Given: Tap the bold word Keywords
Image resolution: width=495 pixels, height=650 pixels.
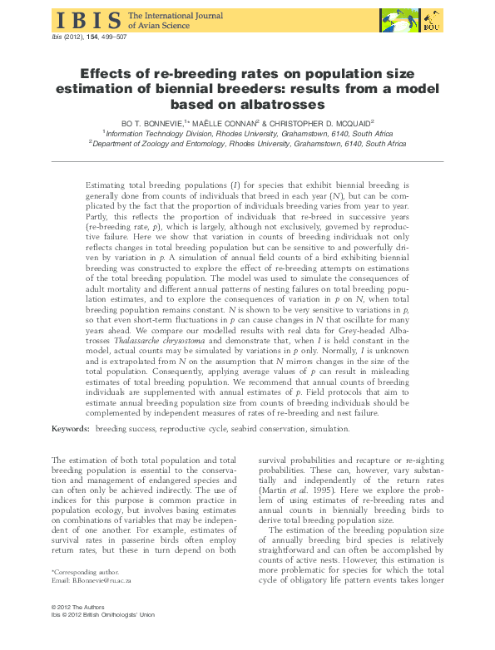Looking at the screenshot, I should pos(70,429).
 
